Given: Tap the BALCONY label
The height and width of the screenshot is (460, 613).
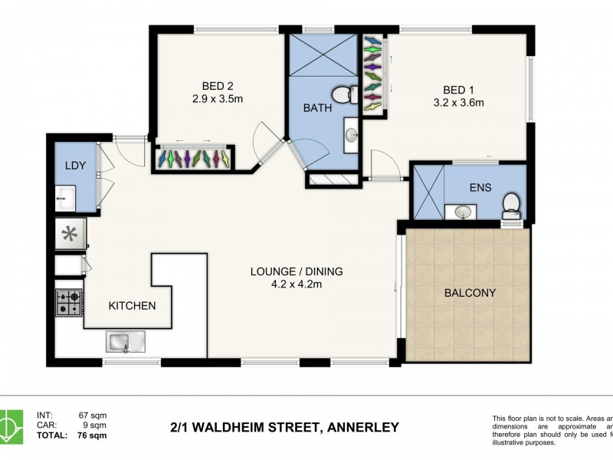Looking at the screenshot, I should pos(470,293).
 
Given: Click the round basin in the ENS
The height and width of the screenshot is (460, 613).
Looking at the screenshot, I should pos(463,211).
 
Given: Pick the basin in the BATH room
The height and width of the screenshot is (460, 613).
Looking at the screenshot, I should pos(351,135).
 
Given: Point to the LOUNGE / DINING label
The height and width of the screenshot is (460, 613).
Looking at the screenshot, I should pos(297,271).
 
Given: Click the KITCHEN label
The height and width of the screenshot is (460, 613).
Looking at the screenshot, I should pos(132,305).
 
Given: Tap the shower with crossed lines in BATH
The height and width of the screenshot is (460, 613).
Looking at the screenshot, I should pos(322,56).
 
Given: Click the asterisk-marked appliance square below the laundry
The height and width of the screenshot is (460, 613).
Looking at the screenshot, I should pos(69,234).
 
